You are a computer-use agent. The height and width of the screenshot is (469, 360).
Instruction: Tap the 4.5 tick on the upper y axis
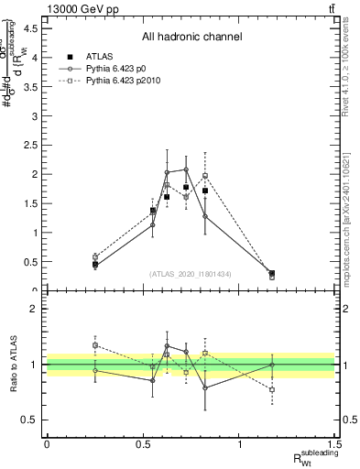(31, 28)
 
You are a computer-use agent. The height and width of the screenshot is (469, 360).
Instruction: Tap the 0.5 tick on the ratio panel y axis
(29, 420)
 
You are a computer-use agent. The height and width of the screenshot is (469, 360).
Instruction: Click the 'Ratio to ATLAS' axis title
(12, 365)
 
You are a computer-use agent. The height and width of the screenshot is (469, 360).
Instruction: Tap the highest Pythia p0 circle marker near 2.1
(186, 169)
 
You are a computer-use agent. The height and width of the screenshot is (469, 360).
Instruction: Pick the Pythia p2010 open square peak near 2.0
(205, 175)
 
